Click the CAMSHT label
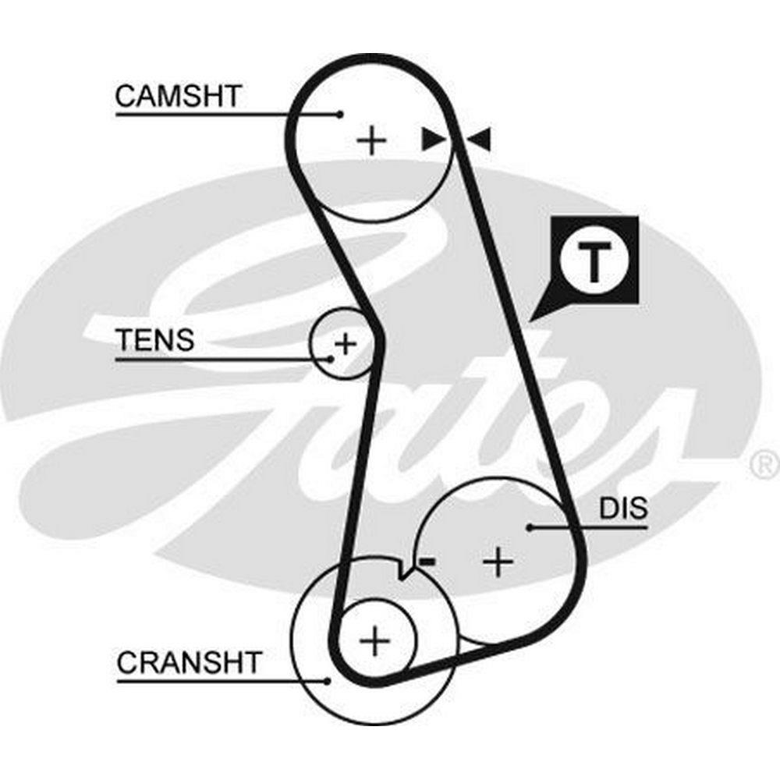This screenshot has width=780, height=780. [178, 96]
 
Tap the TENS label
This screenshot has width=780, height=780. [154, 340]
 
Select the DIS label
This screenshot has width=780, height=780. [622, 509]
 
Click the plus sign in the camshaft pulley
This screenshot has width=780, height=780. [372, 140]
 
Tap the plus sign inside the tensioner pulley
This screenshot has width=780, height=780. [344, 342]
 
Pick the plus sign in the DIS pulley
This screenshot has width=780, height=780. [497, 561]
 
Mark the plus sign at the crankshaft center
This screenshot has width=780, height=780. [376, 641]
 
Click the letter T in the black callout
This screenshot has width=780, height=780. [594, 263]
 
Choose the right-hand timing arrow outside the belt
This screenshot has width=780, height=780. [480, 140]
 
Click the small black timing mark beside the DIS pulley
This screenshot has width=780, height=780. [426, 561]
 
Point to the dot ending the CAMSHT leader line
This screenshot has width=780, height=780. [340, 115]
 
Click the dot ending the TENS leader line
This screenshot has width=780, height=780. [331, 359]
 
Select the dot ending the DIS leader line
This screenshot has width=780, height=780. [530, 527]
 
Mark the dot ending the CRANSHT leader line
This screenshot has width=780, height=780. [328, 681]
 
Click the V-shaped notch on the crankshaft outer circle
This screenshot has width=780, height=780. [402, 576]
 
